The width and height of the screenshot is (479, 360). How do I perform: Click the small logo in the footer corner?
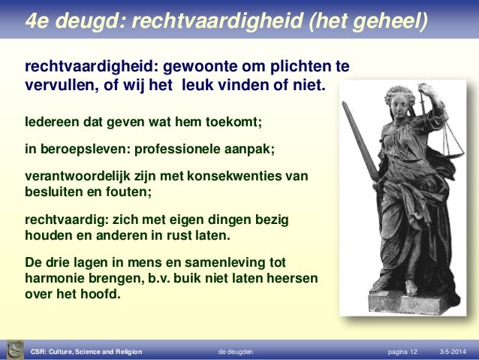pos(14,349)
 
